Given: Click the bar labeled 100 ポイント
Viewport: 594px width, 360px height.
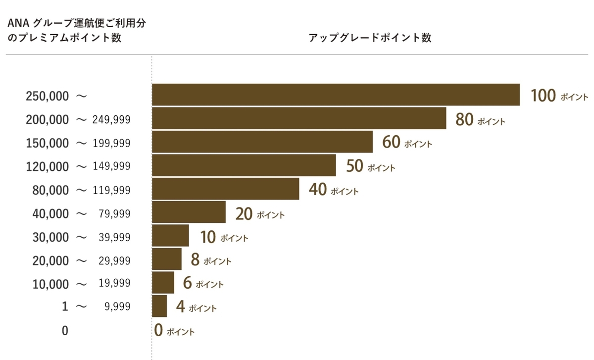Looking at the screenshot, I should coord(336,95).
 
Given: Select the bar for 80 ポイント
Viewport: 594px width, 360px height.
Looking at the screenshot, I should coord(299,118).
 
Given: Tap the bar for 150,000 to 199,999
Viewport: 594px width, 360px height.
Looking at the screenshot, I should coord(262,142).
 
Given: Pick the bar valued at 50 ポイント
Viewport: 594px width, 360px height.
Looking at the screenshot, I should coord(244,165).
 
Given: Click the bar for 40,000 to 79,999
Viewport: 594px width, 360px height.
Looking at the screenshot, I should coord(189,212).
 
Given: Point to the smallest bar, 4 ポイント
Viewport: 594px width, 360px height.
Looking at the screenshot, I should coord(159,306).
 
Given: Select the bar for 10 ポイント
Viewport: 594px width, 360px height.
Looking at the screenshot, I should coord(170,236).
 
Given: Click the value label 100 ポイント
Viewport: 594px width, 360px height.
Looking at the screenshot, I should coord(559,96).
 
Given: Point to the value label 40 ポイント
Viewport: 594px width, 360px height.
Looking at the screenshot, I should coord(333,190).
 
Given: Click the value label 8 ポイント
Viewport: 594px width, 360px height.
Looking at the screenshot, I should coord(210,260).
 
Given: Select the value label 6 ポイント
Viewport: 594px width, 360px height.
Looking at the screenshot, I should coord(203,283).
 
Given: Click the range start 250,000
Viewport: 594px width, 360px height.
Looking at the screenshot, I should coord(47,96).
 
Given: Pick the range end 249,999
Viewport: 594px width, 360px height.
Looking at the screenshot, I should coord(111,119).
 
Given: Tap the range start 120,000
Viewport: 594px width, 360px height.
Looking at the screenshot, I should coord(47,167).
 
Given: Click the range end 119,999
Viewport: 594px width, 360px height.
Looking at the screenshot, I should coord(111,190).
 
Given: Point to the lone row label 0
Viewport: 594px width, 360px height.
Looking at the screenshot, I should coord(65,331).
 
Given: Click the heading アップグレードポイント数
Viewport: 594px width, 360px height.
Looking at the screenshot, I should coord(370,38).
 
